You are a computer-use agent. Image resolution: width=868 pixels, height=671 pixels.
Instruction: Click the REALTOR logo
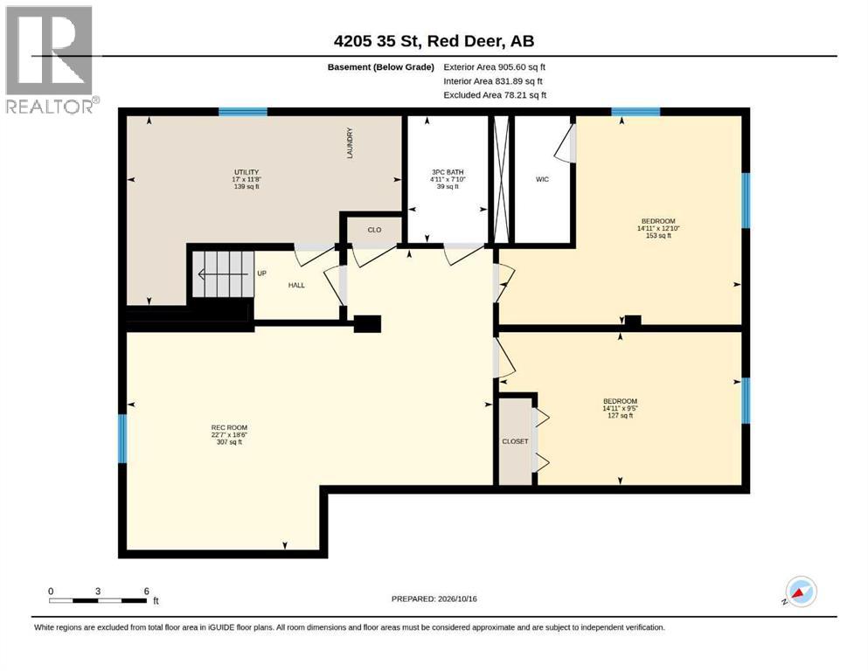[50, 60]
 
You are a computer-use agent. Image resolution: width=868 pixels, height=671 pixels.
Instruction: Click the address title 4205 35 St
[434, 41]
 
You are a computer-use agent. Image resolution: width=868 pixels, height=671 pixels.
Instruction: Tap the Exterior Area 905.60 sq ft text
[495, 67]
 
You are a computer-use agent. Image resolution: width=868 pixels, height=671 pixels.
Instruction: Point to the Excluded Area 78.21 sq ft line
[495, 95]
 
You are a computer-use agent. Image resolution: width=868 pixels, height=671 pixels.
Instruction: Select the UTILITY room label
[247, 172]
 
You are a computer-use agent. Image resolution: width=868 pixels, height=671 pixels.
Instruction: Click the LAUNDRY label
[350, 143]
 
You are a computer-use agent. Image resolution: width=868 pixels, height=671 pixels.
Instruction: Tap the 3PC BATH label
[448, 172]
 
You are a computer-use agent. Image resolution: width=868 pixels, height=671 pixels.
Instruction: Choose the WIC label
[542, 179]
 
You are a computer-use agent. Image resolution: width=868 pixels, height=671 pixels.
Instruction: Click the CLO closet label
[374, 230]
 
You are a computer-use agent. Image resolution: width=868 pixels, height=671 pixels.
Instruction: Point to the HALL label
[296, 286]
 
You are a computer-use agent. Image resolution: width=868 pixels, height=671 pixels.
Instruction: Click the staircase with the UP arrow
[224, 274]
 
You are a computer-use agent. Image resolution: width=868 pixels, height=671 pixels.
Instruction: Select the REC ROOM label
[229, 427]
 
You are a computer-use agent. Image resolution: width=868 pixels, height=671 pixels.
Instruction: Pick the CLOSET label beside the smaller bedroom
[515, 441]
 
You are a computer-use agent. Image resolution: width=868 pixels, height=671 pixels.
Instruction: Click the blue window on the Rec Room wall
[122, 439]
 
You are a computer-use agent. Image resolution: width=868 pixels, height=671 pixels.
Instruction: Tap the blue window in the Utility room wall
[243, 112]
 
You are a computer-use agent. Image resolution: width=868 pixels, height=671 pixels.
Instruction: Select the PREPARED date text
[434, 598]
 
